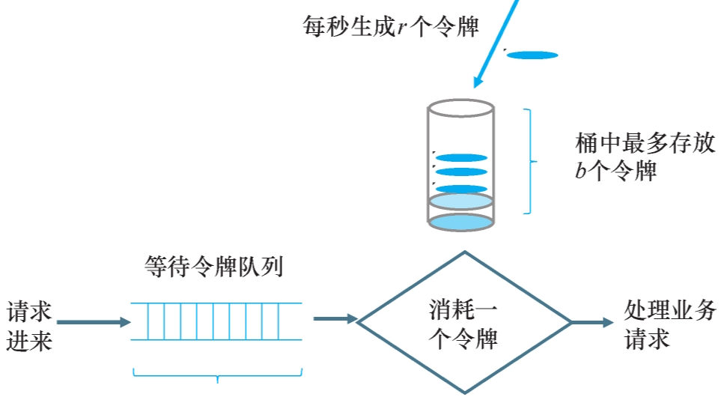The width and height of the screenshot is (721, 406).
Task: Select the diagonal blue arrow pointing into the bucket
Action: [495, 42]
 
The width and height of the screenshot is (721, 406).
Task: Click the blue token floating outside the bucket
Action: [532, 55]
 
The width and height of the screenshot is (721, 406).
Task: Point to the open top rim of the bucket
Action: [460, 109]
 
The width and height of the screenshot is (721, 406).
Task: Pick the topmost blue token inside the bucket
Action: [461, 158]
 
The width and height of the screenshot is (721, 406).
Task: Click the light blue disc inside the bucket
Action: [460, 201]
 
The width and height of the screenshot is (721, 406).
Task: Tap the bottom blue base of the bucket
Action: [460, 222]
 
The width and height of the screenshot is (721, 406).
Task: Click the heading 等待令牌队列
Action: [213, 267]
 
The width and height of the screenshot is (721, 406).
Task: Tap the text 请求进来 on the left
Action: [30, 326]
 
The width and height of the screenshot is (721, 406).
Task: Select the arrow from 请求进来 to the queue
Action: [93, 322]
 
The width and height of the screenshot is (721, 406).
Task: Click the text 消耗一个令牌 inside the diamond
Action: [463, 323]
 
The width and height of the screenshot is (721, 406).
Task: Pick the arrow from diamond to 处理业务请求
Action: [591, 322]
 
